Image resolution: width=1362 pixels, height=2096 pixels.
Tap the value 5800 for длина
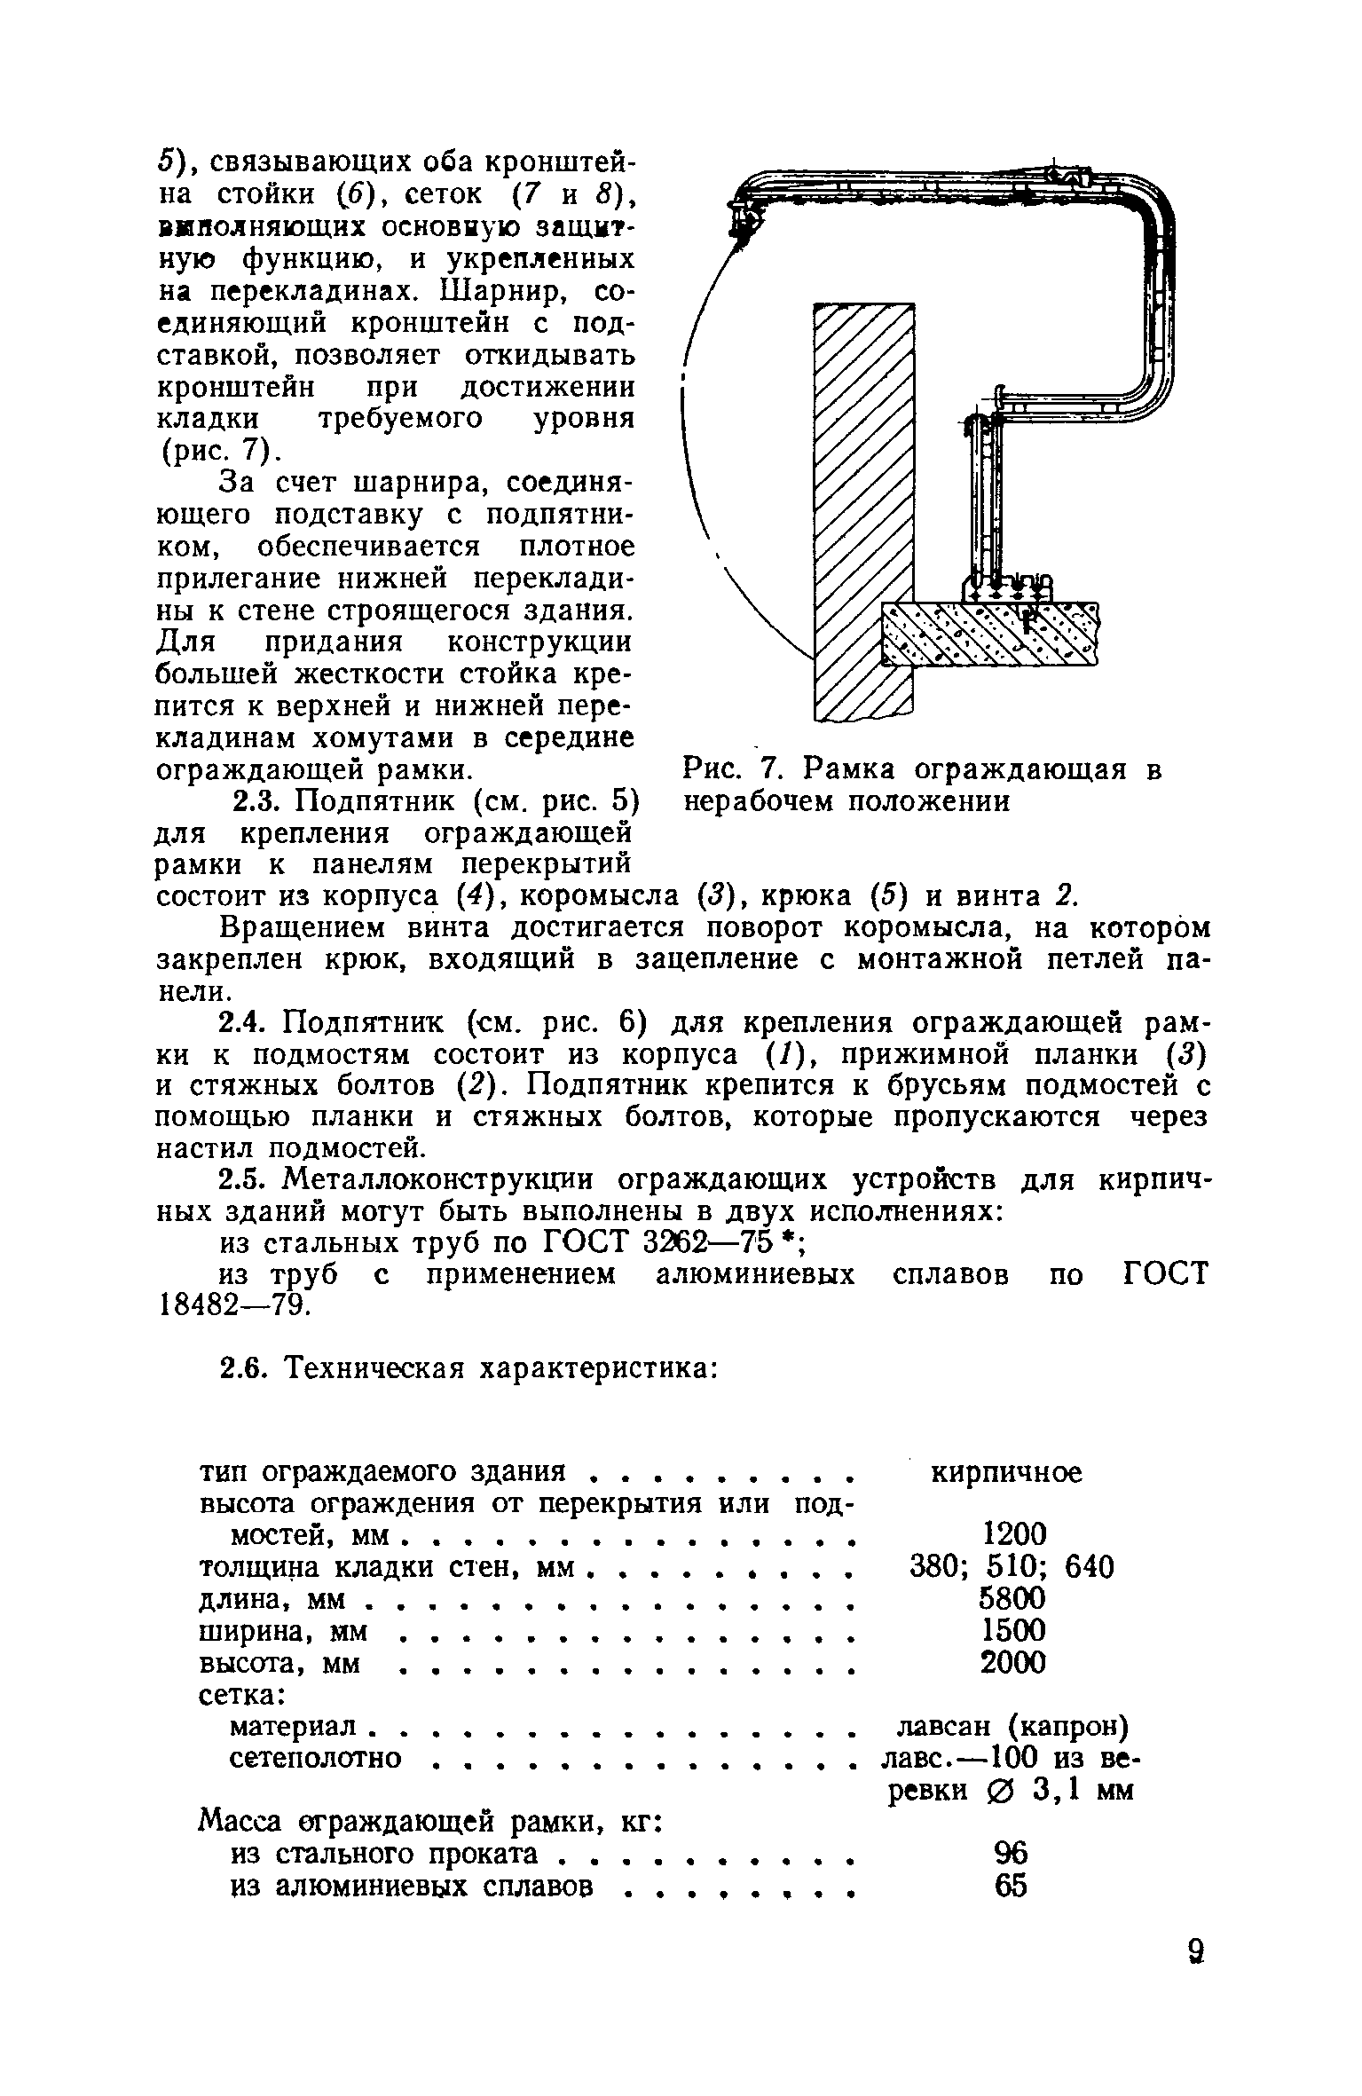coord(1012,1599)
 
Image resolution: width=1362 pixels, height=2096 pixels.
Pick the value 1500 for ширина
coord(1012,1630)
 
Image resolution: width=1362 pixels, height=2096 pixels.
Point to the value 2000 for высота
coord(1012,1662)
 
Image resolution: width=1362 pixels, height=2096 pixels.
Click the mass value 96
coord(1011,1853)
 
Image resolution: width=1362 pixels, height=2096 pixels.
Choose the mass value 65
coord(1011,1885)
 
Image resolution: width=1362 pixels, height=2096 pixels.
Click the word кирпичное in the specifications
coord(1005,1473)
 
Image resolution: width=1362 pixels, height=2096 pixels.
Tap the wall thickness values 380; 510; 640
coord(1012,1567)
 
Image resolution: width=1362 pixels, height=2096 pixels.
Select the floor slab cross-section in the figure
coord(989,634)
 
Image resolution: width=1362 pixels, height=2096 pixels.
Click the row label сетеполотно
coord(316,1758)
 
